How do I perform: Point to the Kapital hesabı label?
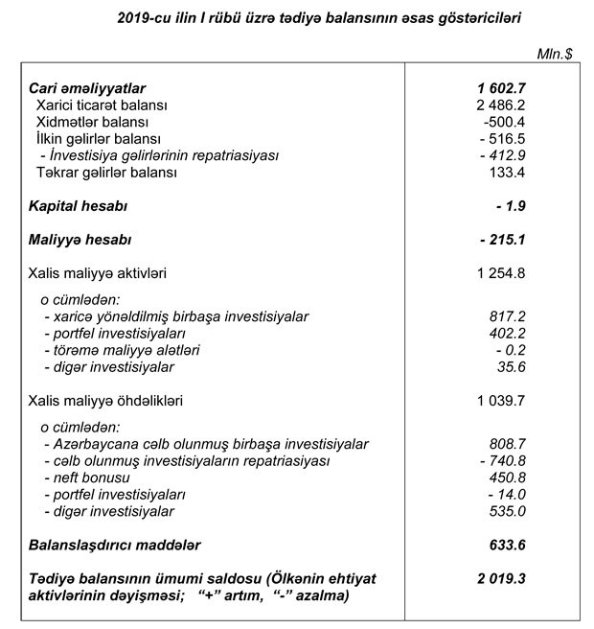tap(79, 206)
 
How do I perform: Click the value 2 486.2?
tap(497, 105)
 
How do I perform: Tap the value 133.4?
tap(505, 173)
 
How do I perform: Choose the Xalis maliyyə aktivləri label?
tap(99, 273)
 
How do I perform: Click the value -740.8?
tap(506, 460)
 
